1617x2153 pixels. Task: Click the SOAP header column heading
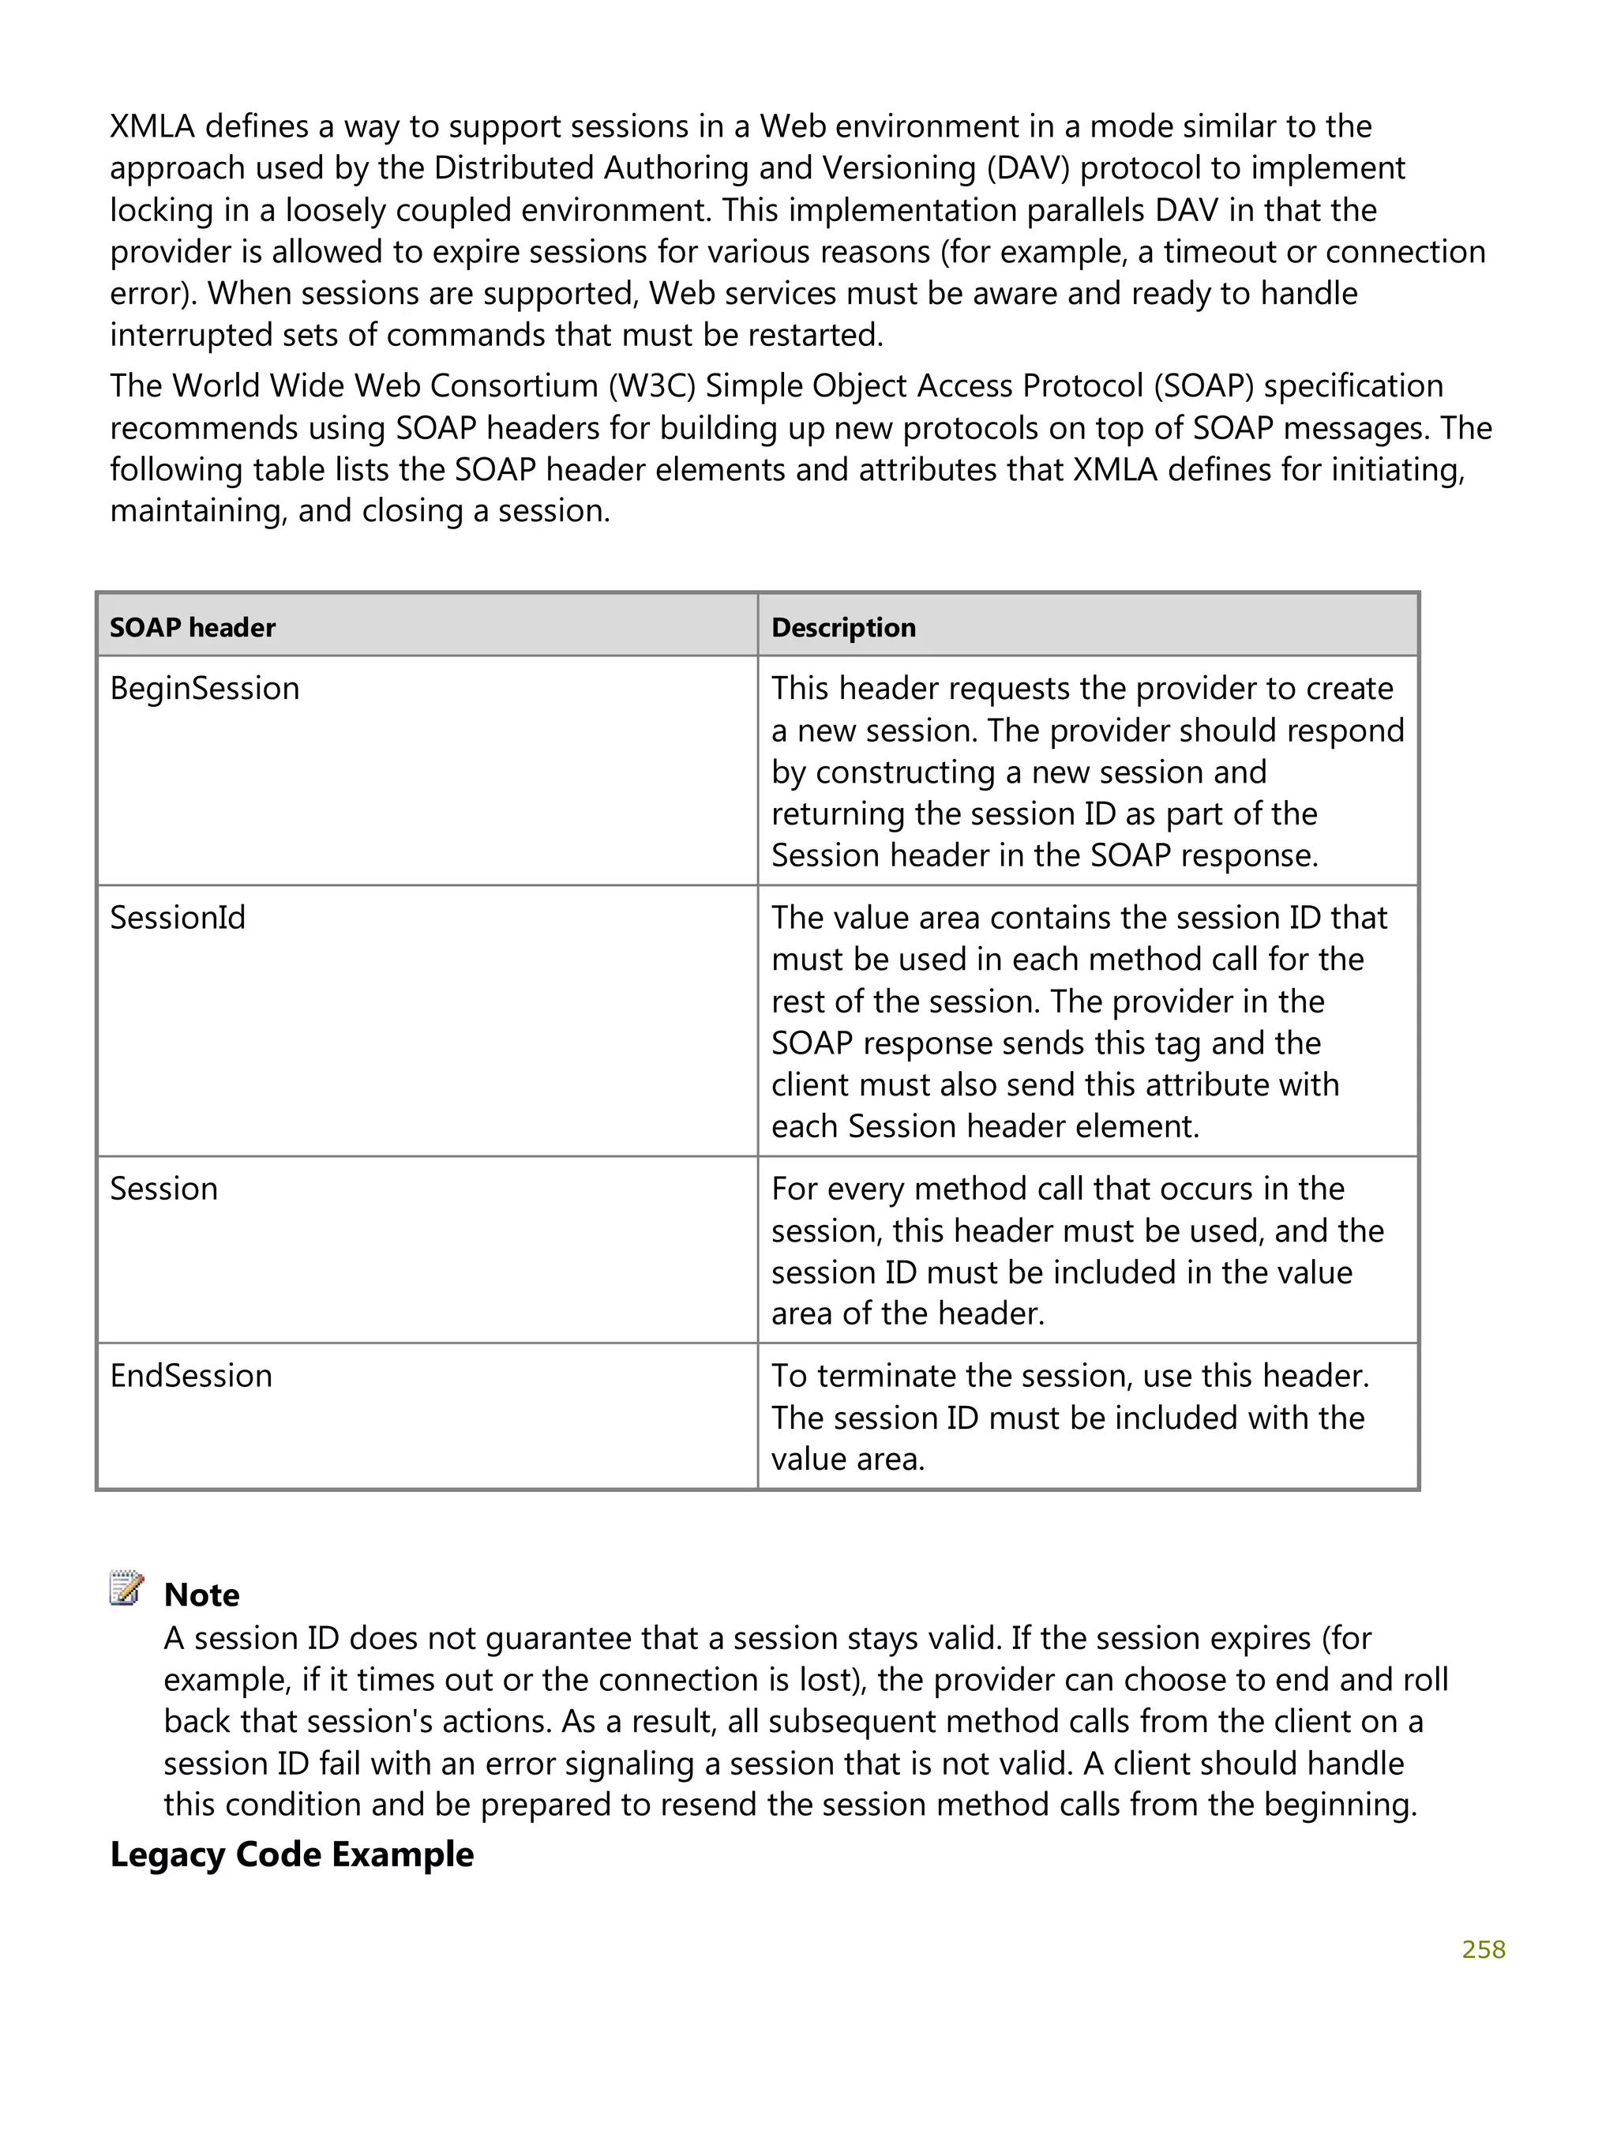coord(193,628)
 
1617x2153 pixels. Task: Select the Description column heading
coord(843,628)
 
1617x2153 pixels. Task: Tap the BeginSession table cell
coord(204,689)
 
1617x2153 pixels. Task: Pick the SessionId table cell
coord(178,918)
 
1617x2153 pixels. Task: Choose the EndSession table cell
coord(191,1377)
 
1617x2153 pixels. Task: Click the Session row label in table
coord(163,1189)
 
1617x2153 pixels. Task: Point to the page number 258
coord(1483,1949)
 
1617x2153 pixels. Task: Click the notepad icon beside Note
coord(126,1588)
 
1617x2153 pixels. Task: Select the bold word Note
coord(201,1595)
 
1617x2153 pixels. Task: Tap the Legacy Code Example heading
coord(292,1855)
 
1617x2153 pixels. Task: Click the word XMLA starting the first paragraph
coord(152,126)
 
